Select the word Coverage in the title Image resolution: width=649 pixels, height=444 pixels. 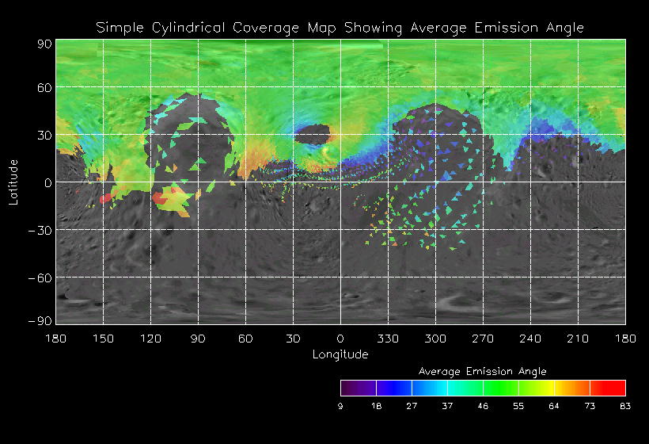pyautogui.click(x=263, y=28)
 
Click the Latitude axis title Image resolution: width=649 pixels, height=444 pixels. pyautogui.click(x=13, y=182)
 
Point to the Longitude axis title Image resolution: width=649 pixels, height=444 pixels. pyautogui.click(x=340, y=354)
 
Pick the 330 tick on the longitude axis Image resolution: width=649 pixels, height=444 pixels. pyautogui.click(x=388, y=339)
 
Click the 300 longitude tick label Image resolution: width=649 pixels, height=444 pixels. pyautogui.click(x=435, y=339)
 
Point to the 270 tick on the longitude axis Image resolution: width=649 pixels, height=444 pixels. pyautogui.click(x=483, y=339)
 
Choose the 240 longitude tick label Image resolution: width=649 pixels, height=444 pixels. pyautogui.click(x=530, y=339)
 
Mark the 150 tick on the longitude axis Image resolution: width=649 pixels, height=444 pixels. pyautogui.click(x=103, y=339)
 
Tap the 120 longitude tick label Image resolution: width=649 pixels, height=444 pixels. pyautogui.click(x=150, y=339)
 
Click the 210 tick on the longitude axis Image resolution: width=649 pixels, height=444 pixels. pyautogui.click(x=578, y=339)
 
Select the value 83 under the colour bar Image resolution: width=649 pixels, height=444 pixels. pyautogui.click(x=625, y=406)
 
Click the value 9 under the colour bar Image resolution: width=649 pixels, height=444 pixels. pyautogui.click(x=340, y=406)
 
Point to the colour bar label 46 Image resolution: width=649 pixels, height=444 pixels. pyautogui.click(x=483, y=406)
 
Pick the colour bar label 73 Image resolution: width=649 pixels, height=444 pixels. pyautogui.click(x=590, y=406)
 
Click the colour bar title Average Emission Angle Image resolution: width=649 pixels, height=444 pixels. pyautogui.click(x=482, y=371)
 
